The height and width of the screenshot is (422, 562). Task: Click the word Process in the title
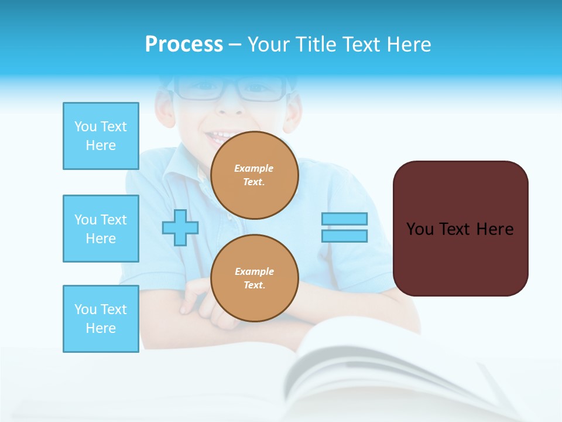(x=184, y=45)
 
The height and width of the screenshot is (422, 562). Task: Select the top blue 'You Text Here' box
(x=101, y=136)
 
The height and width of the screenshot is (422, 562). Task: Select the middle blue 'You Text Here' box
(x=101, y=229)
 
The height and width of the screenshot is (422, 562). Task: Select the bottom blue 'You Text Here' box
(x=101, y=319)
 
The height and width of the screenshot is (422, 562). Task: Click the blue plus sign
(x=180, y=227)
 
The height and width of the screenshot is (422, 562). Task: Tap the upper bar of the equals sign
(x=344, y=219)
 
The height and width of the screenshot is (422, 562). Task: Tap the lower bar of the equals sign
(x=344, y=236)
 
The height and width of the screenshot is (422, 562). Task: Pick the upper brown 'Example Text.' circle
(x=254, y=175)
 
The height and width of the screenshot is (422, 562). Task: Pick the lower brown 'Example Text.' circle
(x=254, y=278)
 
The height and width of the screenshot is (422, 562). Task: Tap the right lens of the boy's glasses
(x=261, y=89)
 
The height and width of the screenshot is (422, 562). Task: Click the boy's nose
(x=229, y=105)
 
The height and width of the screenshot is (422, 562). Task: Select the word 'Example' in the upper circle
(x=254, y=168)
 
